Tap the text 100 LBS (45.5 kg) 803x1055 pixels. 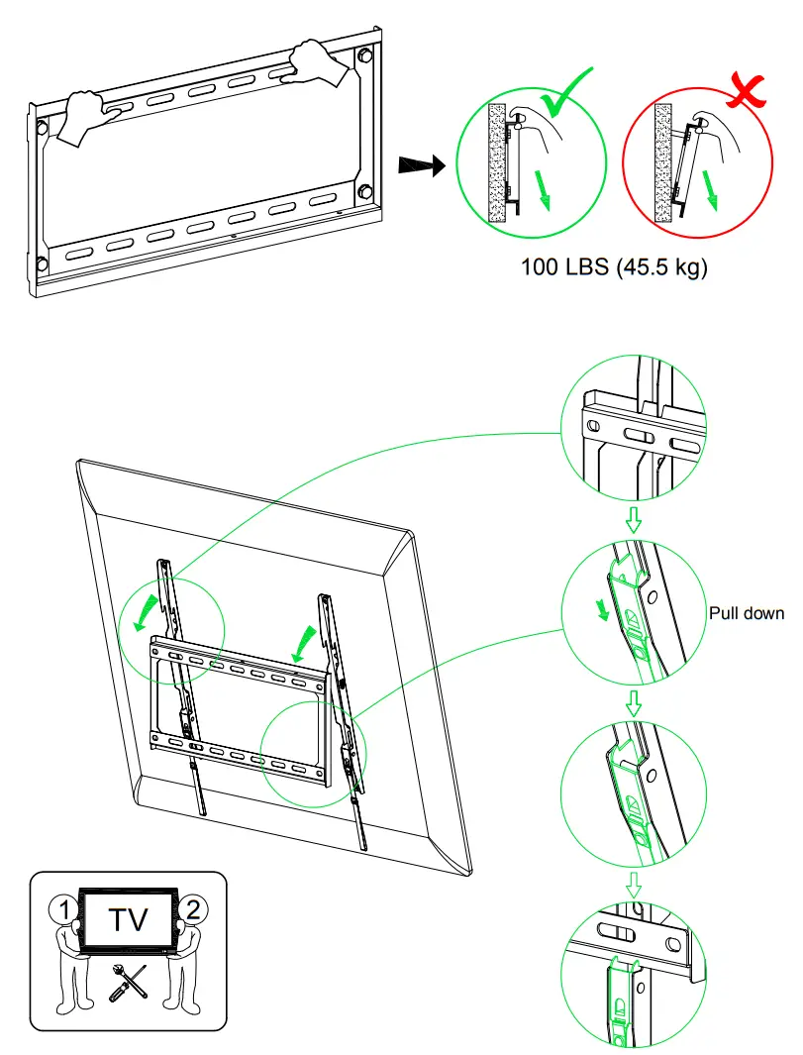click(x=615, y=267)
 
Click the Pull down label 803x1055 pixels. click(x=746, y=613)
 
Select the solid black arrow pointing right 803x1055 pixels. click(x=419, y=164)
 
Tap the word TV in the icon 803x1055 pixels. click(x=129, y=919)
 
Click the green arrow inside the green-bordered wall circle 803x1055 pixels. click(x=542, y=187)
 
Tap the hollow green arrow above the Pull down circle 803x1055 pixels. click(x=635, y=521)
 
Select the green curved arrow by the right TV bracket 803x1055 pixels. click(x=306, y=644)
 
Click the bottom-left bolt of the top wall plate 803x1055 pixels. click(x=42, y=264)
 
